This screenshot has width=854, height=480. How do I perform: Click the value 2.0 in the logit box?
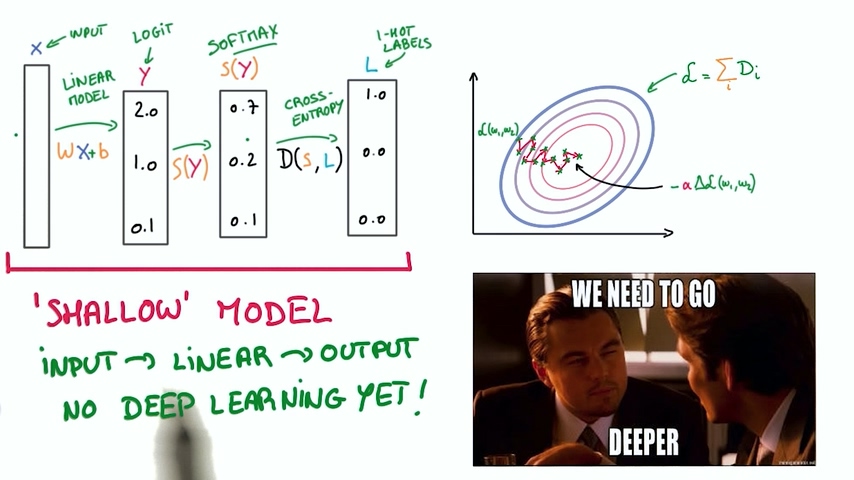(x=145, y=112)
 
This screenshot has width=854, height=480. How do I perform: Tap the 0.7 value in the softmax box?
(x=243, y=108)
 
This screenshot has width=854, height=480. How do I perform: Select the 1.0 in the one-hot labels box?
(x=374, y=96)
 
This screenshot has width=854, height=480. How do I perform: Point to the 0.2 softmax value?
(x=243, y=161)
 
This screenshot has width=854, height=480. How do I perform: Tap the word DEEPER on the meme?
(x=644, y=440)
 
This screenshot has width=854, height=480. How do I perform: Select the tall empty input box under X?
(x=36, y=155)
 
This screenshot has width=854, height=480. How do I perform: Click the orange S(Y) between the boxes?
(x=190, y=167)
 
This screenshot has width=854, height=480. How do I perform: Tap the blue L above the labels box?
(x=371, y=65)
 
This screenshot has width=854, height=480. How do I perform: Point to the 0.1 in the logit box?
(x=143, y=227)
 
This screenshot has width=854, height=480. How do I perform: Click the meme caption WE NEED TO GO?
(x=643, y=295)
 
